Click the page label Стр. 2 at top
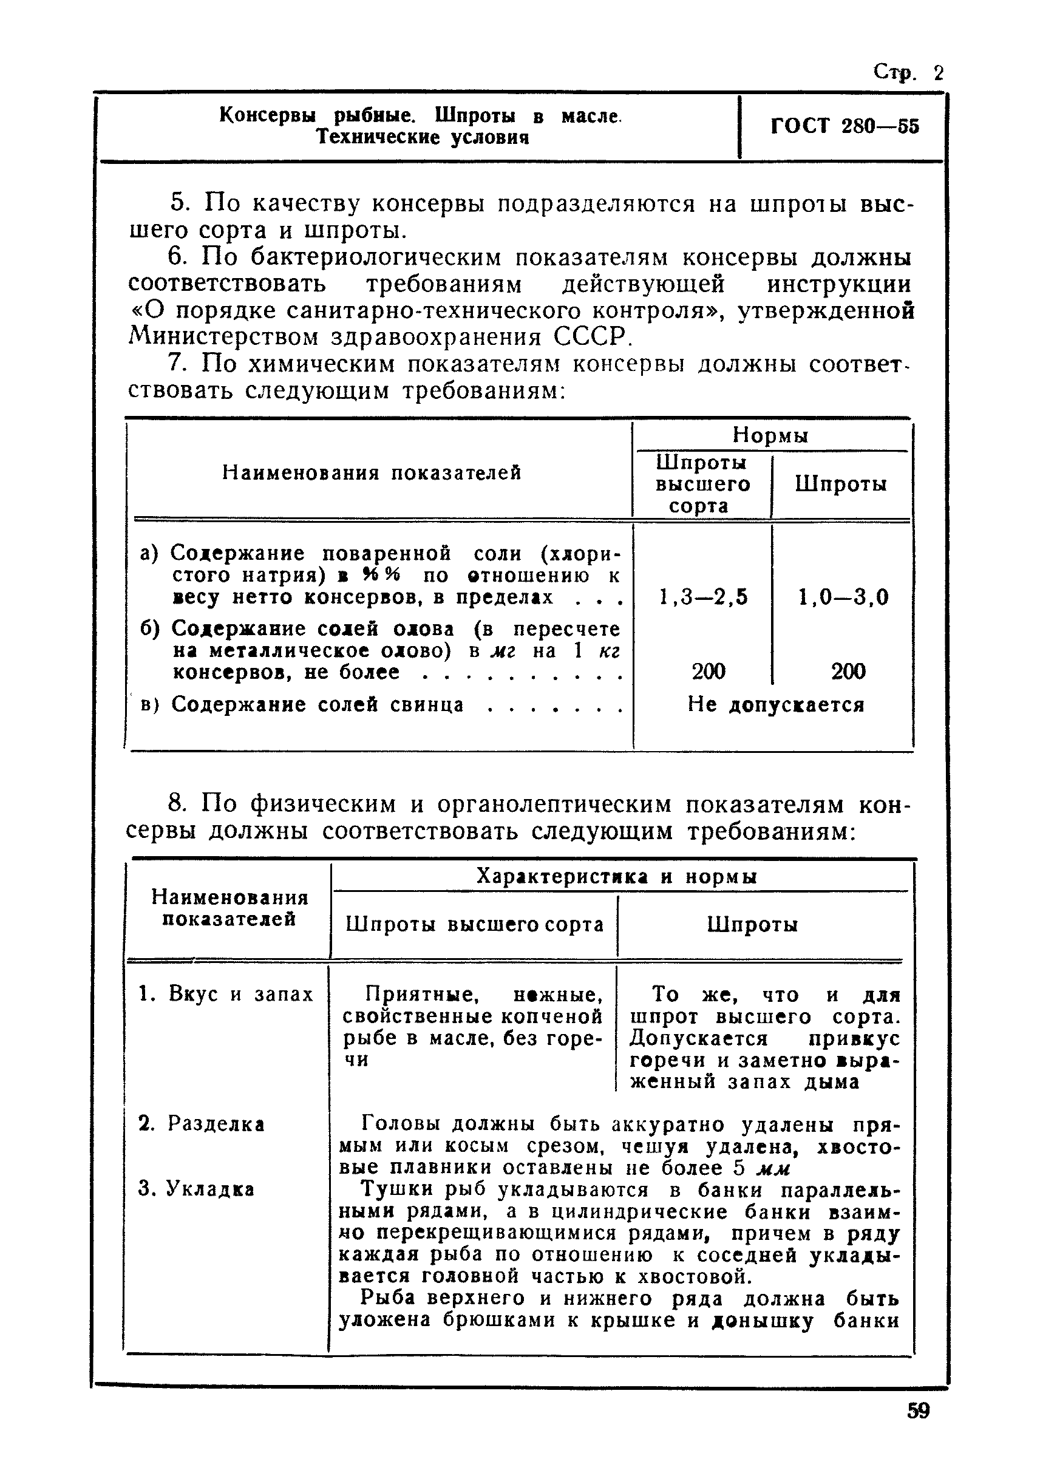[x=908, y=73]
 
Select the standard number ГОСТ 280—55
[x=844, y=126]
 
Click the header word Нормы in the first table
[x=770, y=435]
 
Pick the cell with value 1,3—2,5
[x=702, y=597]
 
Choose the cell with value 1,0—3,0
[x=843, y=597]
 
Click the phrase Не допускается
[x=775, y=704]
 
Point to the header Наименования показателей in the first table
[x=372, y=473]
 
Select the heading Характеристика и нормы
[x=617, y=876]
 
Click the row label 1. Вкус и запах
[x=226, y=993]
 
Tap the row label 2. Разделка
[x=202, y=1123]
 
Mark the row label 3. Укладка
[x=197, y=1189]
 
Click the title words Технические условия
[x=423, y=137]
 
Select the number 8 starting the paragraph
[x=177, y=804]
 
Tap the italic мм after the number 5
[x=773, y=1168]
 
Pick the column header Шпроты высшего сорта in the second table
[x=475, y=924]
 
